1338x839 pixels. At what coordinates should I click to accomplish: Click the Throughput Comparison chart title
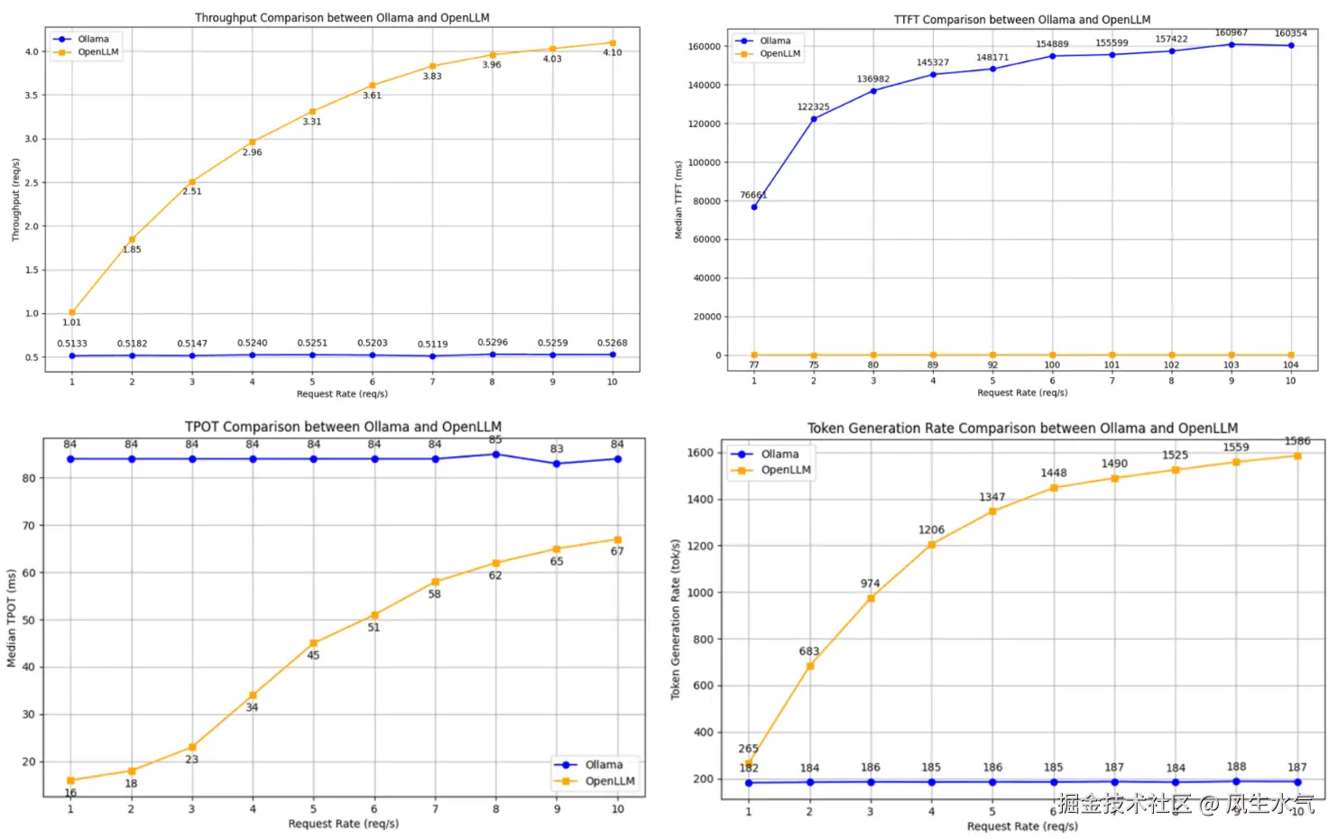point(342,17)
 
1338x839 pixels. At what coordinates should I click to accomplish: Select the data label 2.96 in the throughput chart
point(252,152)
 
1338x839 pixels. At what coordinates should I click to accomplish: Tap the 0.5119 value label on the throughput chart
point(432,344)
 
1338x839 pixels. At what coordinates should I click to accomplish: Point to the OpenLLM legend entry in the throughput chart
point(97,52)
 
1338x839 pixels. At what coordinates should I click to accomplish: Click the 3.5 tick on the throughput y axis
point(32,95)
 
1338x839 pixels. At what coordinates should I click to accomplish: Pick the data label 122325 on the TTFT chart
point(813,106)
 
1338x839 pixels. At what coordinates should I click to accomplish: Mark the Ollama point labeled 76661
point(754,207)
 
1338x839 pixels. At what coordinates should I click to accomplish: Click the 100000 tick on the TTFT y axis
point(704,162)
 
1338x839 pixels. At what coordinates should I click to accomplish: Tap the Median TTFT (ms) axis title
point(678,199)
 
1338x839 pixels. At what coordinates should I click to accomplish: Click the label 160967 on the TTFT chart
point(1231,32)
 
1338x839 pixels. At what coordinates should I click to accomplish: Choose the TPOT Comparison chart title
point(343,427)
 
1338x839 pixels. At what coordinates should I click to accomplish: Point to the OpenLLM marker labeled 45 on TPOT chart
point(314,643)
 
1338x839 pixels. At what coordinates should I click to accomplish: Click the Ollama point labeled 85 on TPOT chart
point(495,455)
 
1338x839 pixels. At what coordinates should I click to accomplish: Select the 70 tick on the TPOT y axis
point(29,525)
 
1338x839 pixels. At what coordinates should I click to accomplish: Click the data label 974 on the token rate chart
point(870,584)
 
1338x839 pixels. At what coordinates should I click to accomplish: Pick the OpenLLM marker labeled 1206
point(931,545)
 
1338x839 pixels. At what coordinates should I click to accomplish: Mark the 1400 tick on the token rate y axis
point(699,499)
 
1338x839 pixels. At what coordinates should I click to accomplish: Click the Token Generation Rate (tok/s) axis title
point(675,620)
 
